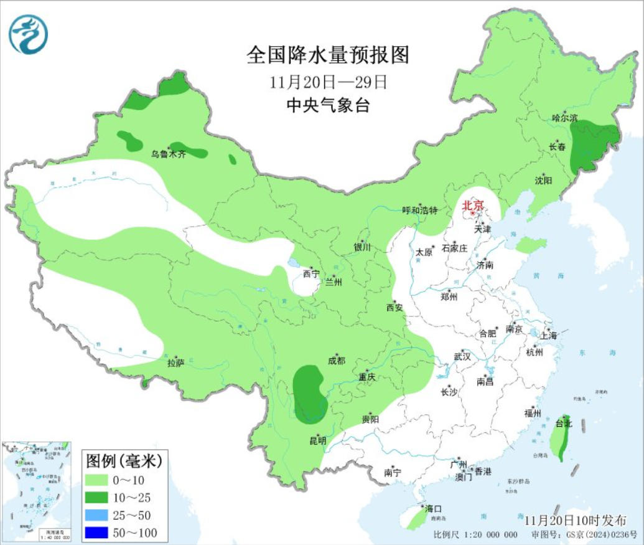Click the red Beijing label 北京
tap(473, 205)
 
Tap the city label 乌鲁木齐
tap(169, 154)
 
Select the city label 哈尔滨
tap(565, 118)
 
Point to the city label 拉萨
tap(176, 363)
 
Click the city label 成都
tap(336, 361)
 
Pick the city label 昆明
tap(317, 440)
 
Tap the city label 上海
tap(549, 335)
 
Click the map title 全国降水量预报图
tap(328, 55)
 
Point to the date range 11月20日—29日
tap(329, 82)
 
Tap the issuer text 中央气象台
tap(328, 106)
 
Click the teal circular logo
tap(28, 34)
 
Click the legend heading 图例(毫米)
tap(124, 461)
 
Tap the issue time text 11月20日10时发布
tap(575, 520)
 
